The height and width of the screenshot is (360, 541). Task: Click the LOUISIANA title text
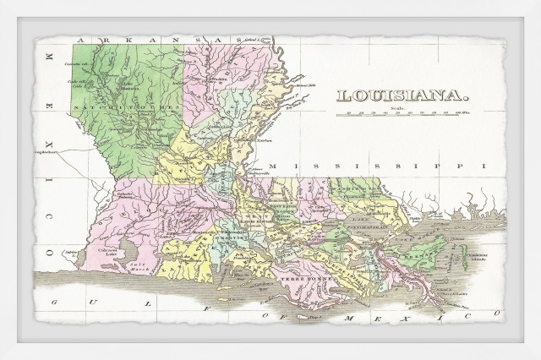coord(402,95)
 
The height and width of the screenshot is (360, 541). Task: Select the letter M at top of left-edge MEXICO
coord(47,57)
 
